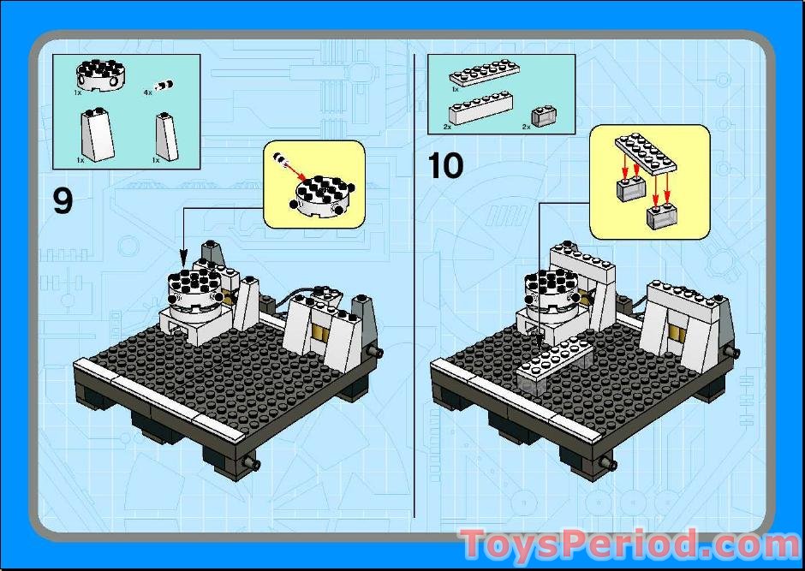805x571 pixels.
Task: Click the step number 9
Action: click(63, 202)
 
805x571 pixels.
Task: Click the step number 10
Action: click(445, 166)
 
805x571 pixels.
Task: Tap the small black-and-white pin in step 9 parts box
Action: click(164, 85)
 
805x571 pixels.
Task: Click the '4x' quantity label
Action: click(148, 92)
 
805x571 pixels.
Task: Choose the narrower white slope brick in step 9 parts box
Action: click(167, 136)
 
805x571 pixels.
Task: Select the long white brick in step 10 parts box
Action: click(480, 108)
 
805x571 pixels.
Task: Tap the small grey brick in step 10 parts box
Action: click(545, 116)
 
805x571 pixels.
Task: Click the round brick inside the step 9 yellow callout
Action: click(325, 195)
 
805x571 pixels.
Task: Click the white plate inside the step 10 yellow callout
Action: click(646, 154)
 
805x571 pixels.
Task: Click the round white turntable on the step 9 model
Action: click(195, 293)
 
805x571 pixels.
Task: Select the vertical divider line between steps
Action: click(414, 285)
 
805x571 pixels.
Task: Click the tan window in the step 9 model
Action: click(319, 334)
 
